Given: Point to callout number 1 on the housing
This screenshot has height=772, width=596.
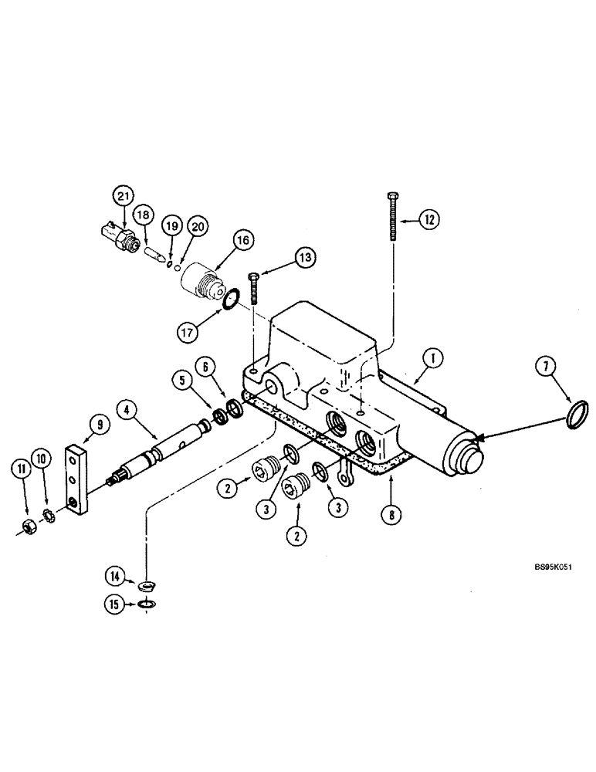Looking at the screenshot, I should [434, 358].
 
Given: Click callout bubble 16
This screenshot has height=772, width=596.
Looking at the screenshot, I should [242, 241].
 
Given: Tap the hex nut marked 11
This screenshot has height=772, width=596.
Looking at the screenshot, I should [26, 532].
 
